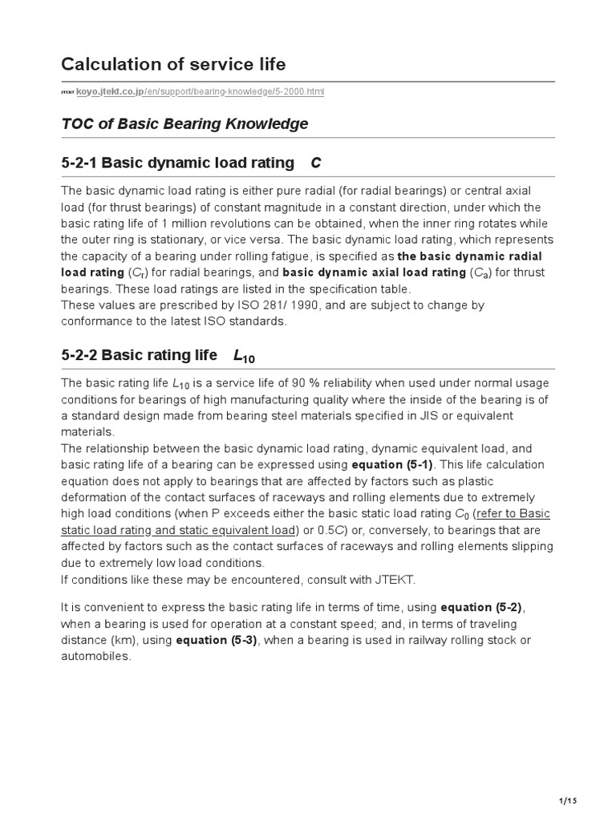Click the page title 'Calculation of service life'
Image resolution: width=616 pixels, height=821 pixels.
tap(172, 64)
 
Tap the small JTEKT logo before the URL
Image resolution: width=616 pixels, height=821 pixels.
tap(67, 93)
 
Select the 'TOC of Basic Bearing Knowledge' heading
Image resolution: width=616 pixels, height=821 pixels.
tap(184, 124)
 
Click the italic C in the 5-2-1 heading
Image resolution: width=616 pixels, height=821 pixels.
tap(315, 164)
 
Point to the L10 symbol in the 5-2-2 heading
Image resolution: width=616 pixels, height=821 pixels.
tap(243, 356)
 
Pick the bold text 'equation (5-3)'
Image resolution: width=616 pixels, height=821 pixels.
tap(218, 640)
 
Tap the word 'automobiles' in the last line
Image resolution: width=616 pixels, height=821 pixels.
tap(95, 656)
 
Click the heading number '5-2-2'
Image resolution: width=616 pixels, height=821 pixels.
tap(81, 355)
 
